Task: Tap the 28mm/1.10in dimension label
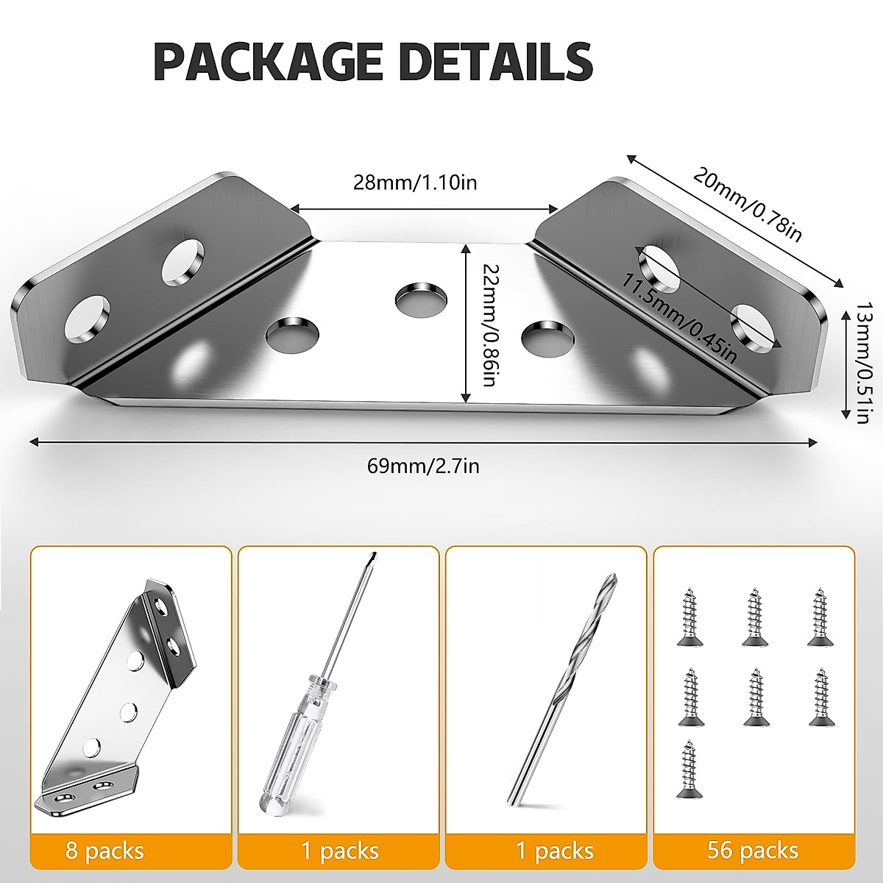415,182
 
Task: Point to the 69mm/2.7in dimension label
423,465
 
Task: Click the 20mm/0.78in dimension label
747,204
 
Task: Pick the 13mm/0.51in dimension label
862,364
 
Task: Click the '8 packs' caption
104,851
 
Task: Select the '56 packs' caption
753,851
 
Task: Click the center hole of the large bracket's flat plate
421,297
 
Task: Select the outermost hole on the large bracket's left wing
86,320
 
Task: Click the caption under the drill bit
554,851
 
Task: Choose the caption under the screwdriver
339,851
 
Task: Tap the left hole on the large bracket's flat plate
292,333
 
